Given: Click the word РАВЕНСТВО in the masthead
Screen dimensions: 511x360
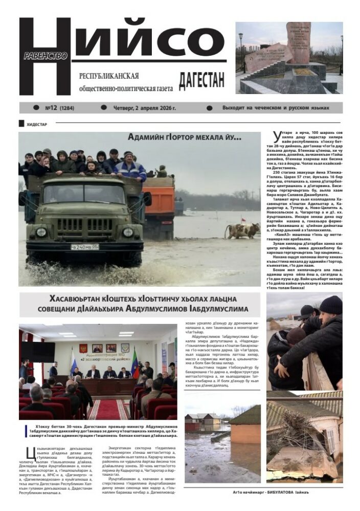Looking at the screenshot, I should (46, 56).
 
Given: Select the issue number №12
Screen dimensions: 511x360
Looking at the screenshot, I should (51, 108).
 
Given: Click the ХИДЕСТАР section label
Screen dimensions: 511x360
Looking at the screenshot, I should (36, 124).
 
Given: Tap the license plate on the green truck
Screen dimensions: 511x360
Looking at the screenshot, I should (84, 246).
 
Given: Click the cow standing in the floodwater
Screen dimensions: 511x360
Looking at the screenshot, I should (244, 230).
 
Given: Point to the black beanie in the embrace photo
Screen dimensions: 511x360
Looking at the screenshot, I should (330, 305).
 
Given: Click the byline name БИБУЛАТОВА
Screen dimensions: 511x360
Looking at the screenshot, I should (299, 492).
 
